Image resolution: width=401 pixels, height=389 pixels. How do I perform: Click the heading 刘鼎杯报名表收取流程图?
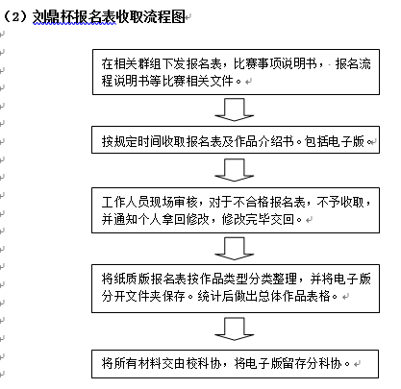point(109,17)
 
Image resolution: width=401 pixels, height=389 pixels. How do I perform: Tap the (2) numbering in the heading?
point(15,17)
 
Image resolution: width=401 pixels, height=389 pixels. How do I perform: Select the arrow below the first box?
point(235,109)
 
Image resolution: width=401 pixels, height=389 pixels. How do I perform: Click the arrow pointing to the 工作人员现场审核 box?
point(235,170)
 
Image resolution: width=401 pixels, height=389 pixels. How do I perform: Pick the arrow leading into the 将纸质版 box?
point(235,249)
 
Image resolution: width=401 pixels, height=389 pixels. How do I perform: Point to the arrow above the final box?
point(235,328)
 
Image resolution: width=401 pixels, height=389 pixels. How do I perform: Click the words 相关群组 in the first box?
point(138,63)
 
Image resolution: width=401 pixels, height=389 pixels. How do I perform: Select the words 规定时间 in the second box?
point(138,141)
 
